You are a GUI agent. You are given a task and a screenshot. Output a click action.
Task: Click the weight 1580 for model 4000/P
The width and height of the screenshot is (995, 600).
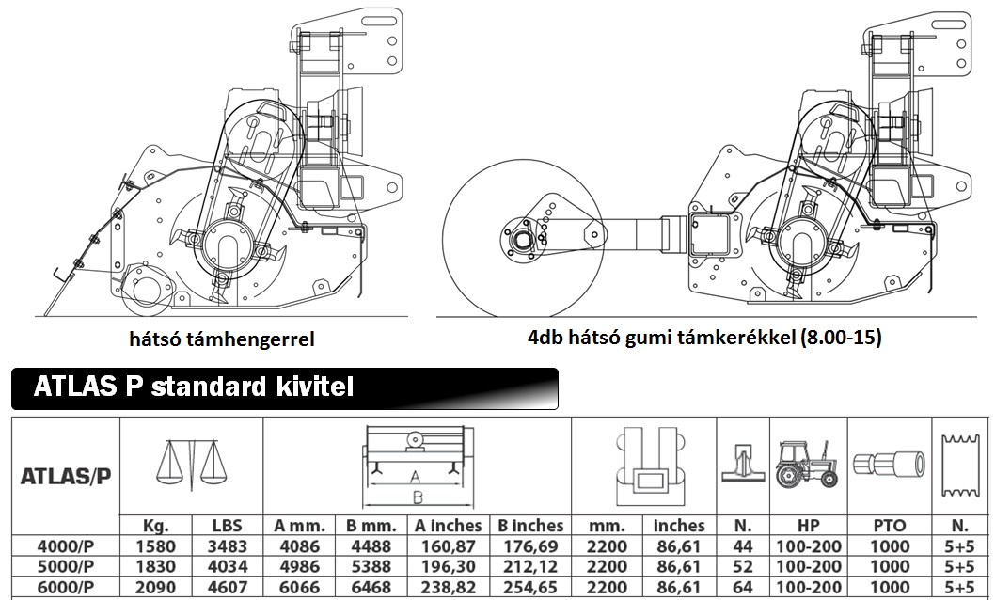pyautogui.click(x=156, y=546)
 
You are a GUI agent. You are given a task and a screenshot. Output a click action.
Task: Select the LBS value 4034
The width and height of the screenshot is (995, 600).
pyautogui.click(x=228, y=566)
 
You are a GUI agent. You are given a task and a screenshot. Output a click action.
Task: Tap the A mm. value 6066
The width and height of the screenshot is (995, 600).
pyautogui.click(x=299, y=588)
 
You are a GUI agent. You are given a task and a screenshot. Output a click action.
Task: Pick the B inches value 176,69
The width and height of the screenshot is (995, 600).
pyautogui.click(x=530, y=546)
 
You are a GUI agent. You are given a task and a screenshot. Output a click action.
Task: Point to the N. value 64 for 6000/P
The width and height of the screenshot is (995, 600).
pyautogui.click(x=742, y=588)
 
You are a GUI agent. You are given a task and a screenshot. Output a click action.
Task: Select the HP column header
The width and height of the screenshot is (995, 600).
pyautogui.click(x=808, y=526)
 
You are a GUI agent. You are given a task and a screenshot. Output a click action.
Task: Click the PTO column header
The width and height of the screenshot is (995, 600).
pyautogui.click(x=890, y=526)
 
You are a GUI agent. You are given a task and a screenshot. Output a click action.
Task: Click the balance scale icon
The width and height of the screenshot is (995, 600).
pyautogui.click(x=191, y=465)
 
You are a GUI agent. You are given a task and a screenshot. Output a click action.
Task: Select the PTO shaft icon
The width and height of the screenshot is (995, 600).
pyautogui.click(x=890, y=464)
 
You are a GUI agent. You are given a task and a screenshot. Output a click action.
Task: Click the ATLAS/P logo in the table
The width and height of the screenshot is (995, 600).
pyautogui.click(x=66, y=476)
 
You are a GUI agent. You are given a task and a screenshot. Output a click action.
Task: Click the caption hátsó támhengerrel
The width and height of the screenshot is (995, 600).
pyautogui.click(x=221, y=339)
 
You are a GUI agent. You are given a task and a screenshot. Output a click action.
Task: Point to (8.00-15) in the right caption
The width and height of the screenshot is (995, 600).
pyautogui.click(x=841, y=337)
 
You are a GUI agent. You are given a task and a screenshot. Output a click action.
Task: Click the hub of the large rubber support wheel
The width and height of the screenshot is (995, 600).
pyautogui.click(x=522, y=239)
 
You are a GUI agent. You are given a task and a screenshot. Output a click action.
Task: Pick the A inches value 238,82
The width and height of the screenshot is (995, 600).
pyautogui.click(x=449, y=588)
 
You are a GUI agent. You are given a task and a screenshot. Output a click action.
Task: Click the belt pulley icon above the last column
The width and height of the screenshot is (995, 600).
pyautogui.click(x=959, y=466)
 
